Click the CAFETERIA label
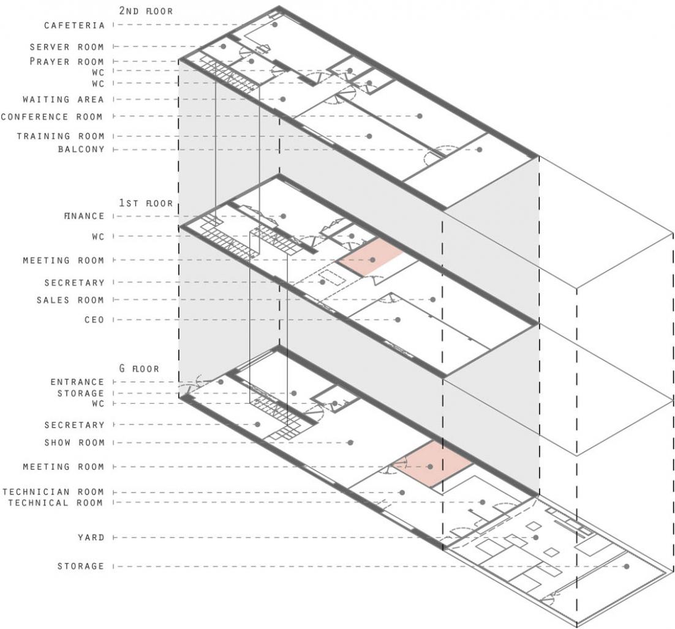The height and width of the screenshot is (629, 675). click(74, 25)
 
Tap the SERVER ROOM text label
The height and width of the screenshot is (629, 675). click(67, 47)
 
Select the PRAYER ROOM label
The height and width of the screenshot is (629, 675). click(67, 62)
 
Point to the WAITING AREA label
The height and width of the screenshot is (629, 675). click(63, 99)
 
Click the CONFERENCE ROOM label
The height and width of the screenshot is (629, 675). click(52, 117)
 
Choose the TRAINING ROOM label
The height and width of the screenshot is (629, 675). click(61, 136)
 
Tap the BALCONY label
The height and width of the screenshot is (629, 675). click(81, 149)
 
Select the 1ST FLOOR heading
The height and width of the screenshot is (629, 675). click(146, 203)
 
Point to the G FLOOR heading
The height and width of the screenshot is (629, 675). click(139, 368)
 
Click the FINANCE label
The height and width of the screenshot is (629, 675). click(84, 216)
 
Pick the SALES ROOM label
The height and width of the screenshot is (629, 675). click(70, 300)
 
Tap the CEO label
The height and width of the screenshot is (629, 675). click(94, 319)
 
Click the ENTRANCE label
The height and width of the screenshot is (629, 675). click(77, 382)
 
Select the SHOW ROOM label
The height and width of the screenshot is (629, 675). click(74, 442)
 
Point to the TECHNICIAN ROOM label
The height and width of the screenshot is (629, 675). click(53, 491)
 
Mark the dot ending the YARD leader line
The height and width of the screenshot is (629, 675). click(536, 537)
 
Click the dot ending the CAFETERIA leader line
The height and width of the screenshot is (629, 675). click(275, 25)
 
